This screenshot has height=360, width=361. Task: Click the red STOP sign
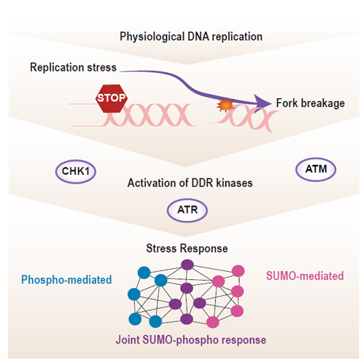click(112, 98)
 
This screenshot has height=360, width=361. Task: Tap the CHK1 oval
click(76, 171)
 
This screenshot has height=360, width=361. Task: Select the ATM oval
click(316, 169)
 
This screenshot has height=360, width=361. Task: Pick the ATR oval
click(187, 211)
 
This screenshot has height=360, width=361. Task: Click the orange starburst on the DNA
click(225, 105)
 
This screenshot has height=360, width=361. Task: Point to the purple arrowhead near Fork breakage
click(262, 103)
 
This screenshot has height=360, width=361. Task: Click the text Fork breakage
click(311, 103)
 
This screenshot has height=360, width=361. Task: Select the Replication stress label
click(73, 67)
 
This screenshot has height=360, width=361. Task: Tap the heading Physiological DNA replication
click(191, 36)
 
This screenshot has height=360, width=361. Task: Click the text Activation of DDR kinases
click(190, 183)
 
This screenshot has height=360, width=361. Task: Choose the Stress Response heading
click(187, 249)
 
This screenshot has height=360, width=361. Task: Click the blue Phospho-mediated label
click(66, 280)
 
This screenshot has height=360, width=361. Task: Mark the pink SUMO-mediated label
click(305, 276)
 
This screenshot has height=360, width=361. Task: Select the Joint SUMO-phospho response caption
click(191, 340)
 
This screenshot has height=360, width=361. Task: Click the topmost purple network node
click(187, 265)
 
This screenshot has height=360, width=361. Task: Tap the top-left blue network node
click(144, 273)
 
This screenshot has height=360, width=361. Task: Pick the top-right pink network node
click(238, 271)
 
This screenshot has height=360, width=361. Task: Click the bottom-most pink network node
click(213, 322)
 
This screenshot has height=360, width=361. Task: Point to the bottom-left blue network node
click(135, 319)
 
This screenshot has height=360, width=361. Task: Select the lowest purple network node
click(187, 319)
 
